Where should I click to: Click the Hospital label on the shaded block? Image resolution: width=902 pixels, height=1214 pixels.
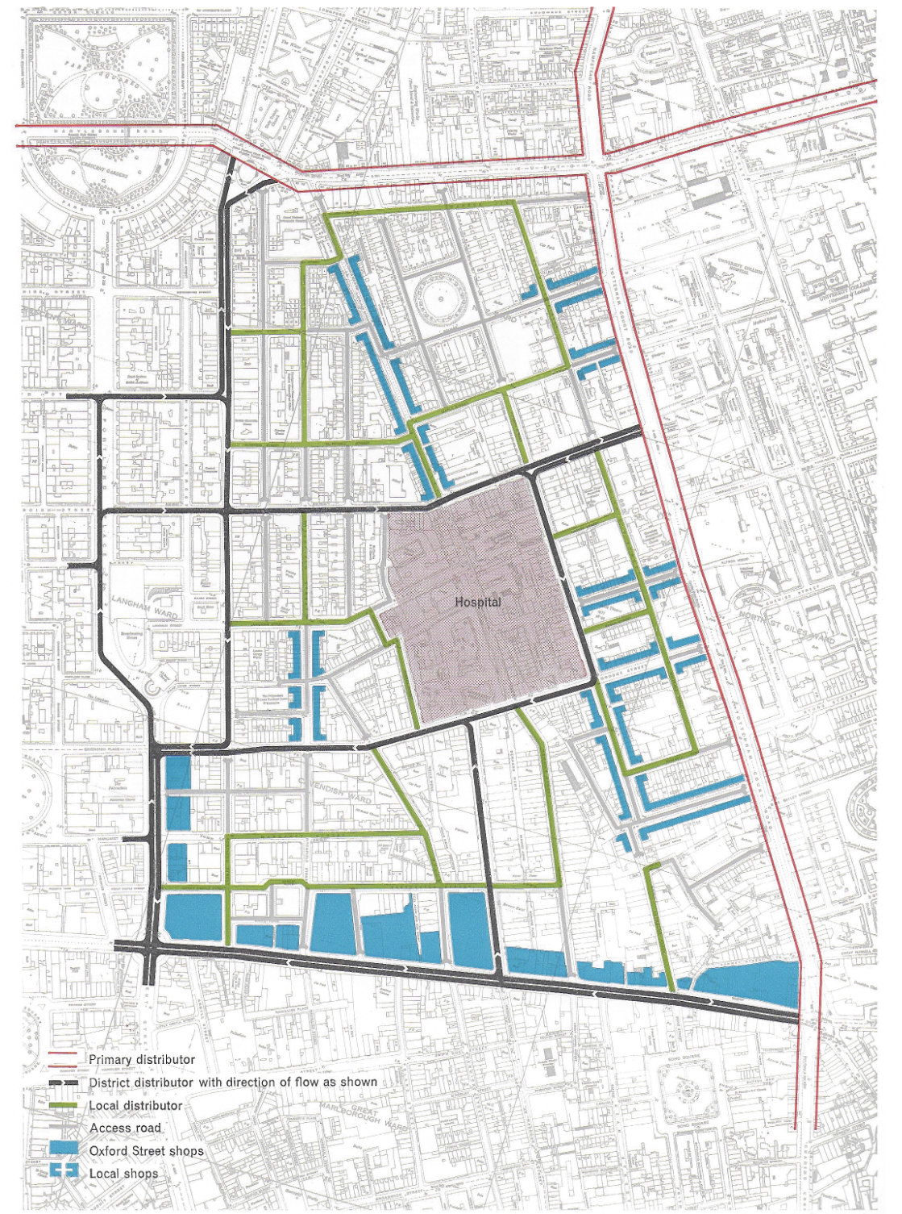[x=478, y=602]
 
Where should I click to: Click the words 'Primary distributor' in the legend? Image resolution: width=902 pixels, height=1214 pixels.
[x=142, y=1059]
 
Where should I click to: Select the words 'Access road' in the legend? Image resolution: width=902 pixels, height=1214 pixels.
[x=125, y=1128]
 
